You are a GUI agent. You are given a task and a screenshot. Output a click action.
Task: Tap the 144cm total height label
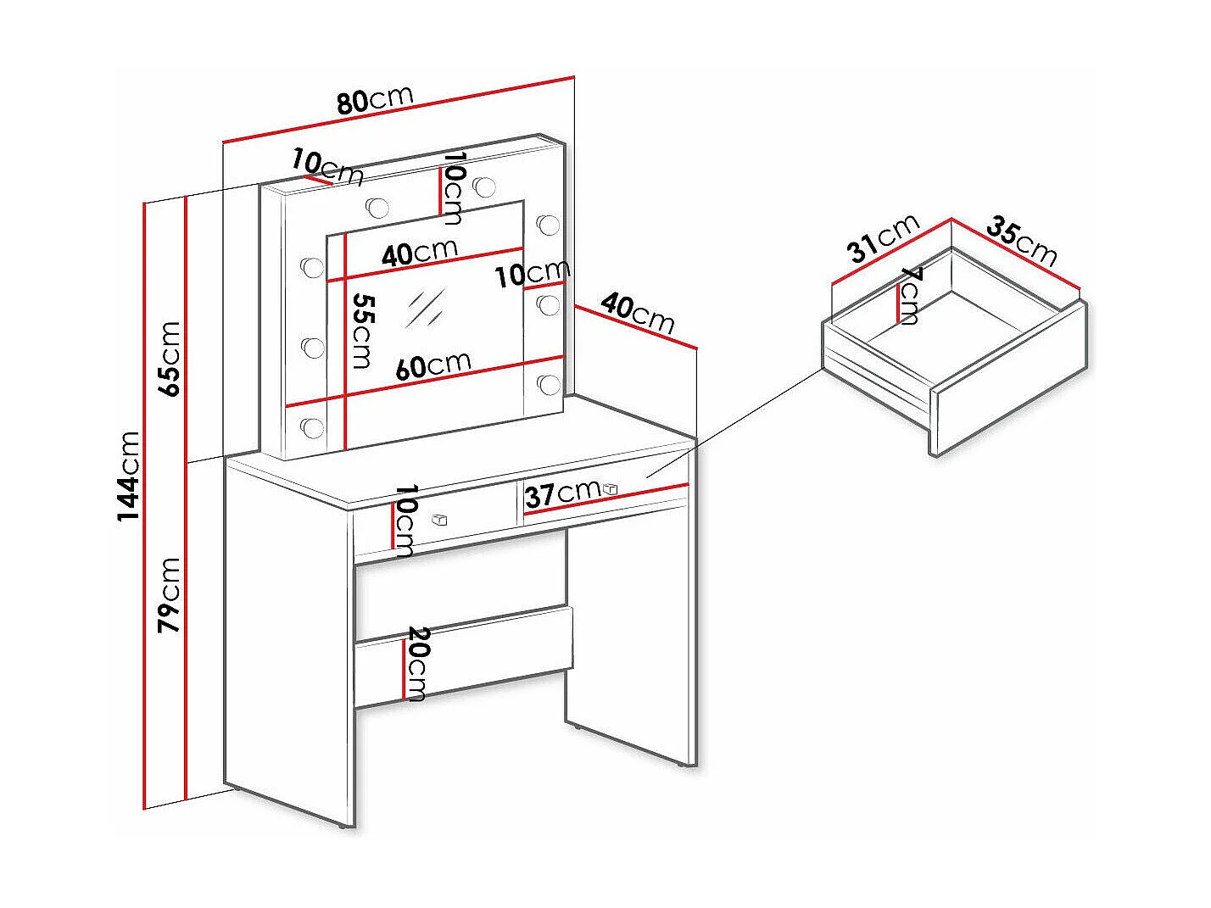(x=129, y=476)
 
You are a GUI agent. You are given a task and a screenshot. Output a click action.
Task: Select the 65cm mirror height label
(x=169, y=359)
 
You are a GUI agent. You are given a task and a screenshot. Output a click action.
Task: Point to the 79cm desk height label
(x=169, y=594)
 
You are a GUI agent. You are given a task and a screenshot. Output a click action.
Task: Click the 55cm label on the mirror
(x=362, y=331)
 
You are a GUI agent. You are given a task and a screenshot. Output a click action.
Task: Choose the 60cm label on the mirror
(x=433, y=365)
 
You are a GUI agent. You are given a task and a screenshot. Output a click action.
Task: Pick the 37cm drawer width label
(x=563, y=493)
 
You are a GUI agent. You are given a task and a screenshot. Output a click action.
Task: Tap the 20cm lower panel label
(x=417, y=664)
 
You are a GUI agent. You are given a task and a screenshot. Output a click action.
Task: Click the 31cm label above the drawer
(x=885, y=239)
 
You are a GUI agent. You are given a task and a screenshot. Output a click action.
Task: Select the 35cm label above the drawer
(x=1022, y=242)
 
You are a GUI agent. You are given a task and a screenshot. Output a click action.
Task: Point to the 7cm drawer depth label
(x=909, y=297)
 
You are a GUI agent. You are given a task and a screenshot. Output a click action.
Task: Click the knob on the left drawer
(x=440, y=519)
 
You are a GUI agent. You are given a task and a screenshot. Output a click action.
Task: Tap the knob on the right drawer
(x=611, y=488)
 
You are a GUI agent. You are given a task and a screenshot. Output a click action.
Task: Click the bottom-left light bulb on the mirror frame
(x=312, y=426)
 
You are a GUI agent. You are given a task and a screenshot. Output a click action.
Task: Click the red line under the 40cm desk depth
(x=636, y=327)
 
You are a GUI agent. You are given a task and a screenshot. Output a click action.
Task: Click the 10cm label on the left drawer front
(x=405, y=521)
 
